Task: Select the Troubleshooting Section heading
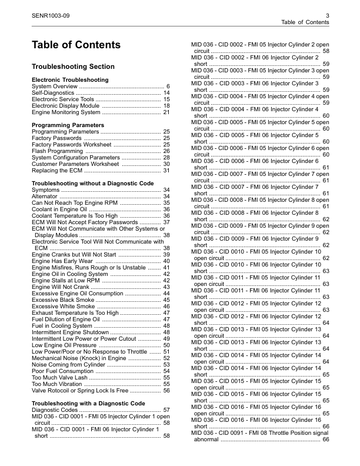tap(73, 66)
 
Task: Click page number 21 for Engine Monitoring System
tap(166, 112)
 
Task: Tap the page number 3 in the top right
tap(326, 15)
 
